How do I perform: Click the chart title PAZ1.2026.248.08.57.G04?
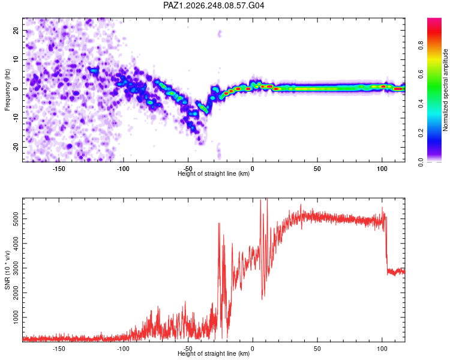coord(214,5)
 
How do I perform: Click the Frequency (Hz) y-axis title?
coord(7,90)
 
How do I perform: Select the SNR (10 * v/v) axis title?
coord(7,270)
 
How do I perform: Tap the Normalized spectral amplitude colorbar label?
coord(445,90)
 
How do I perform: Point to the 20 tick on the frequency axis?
coord(16,30)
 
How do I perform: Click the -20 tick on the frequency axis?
coord(16,147)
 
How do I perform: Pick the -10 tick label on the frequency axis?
coord(16,118)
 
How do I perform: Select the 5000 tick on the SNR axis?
coord(16,219)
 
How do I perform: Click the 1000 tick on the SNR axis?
coord(16,317)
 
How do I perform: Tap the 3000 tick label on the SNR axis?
coord(16,268)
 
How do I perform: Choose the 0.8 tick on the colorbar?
coord(421,46)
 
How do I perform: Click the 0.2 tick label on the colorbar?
coord(421,133)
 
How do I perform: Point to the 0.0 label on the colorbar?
coord(421,162)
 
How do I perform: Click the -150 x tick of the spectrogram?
coord(59,169)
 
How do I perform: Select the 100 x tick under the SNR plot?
coord(382,349)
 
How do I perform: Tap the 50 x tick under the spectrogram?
coord(317,169)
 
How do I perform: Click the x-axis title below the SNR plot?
coord(214,353)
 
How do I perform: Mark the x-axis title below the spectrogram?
coord(214,173)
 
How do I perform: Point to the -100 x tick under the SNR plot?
coord(123,349)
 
